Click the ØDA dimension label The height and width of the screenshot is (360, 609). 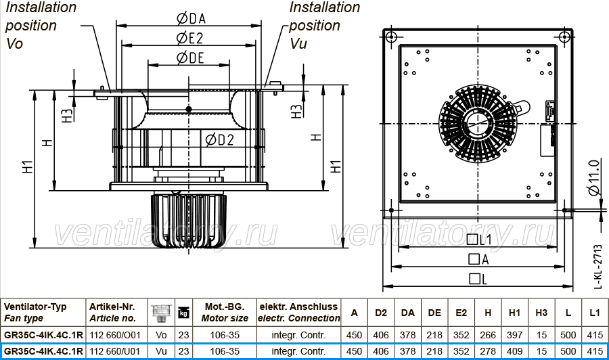(x=191, y=18)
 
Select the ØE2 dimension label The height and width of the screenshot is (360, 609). (x=190, y=38)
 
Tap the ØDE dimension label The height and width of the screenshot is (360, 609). (x=190, y=58)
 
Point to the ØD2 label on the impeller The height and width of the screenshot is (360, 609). (x=219, y=140)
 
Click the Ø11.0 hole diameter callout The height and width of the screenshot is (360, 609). (x=594, y=177)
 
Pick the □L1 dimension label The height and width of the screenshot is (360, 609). (x=479, y=240)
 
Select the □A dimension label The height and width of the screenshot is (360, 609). (x=478, y=259)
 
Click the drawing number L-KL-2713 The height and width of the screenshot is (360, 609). (x=599, y=267)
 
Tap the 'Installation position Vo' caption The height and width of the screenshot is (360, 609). (x=41, y=25)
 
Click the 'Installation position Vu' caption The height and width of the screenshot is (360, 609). (x=324, y=25)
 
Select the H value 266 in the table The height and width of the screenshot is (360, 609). (x=488, y=335)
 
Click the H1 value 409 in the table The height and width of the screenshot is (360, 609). (x=515, y=351)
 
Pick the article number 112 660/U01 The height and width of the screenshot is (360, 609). (x=115, y=351)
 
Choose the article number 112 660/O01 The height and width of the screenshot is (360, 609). (x=115, y=335)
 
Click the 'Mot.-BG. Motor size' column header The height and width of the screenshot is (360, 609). (x=225, y=312)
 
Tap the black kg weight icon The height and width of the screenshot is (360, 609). (x=183, y=313)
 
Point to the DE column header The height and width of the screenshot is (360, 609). (x=434, y=313)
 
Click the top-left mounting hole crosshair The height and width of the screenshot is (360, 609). (x=391, y=37)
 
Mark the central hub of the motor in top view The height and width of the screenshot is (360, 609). (x=477, y=123)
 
